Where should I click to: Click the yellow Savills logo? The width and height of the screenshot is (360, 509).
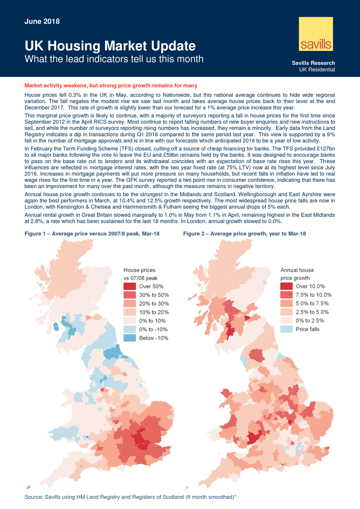coord(315,34)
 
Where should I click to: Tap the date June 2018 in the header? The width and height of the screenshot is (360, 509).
coord(42,21)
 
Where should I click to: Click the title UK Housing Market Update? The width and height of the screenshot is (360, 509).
coord(110,46)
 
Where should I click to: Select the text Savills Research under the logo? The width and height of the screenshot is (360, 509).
coord(313,63)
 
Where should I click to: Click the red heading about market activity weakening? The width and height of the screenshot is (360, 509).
coord(111,85)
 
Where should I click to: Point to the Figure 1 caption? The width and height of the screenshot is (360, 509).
coord(92,233)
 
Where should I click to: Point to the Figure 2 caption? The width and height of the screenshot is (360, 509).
coord(244,233)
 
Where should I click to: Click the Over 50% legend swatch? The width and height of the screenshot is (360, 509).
coord(129,286)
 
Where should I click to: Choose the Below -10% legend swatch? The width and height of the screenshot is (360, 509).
coord(129,338)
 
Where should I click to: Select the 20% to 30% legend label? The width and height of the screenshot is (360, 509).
coord(154,304)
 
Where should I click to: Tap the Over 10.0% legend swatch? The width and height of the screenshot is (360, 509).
coord(286,286)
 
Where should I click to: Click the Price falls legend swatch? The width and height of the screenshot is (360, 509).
coord(286,329)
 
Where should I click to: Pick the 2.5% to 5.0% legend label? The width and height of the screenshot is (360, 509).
coord(313,312)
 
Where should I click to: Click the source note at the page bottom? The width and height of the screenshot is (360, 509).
coord(130,497)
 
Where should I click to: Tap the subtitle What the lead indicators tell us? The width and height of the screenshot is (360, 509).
coord(114,59)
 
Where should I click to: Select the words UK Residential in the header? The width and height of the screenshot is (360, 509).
coord(317,70)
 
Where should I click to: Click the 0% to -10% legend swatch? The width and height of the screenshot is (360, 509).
coord(129,330)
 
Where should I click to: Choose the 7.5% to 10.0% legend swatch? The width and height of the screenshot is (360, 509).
coord(286,295)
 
